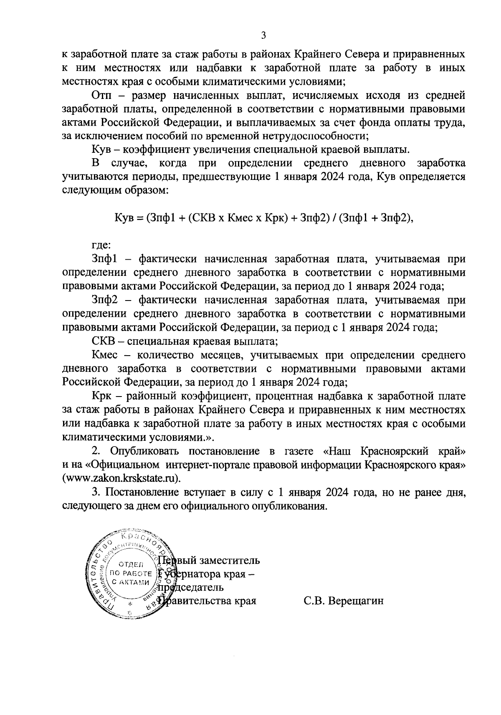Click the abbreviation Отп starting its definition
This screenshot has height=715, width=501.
(101, 96)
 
